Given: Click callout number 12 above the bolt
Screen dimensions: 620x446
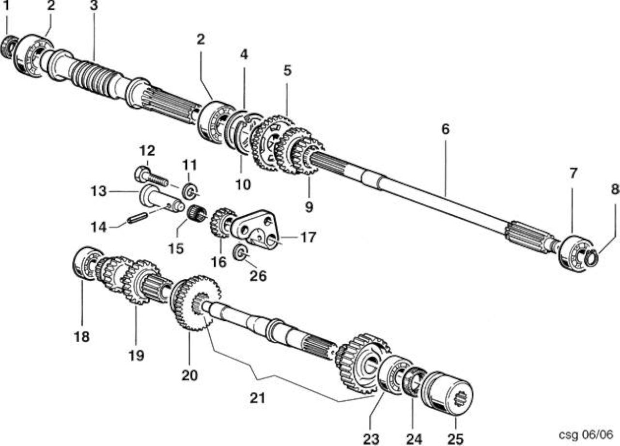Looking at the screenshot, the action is [x=147, y=151].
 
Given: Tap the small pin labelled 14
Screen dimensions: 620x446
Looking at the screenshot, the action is [x=137, y=217].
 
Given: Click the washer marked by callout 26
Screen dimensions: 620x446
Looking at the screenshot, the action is [x=240, y=253].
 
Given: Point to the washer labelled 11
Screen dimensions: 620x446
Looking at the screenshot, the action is [x=189, y=191].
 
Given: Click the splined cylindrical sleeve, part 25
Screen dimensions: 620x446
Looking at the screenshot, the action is [x=447, y=393].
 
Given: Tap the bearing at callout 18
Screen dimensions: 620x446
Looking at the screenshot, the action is [x=87, y=263].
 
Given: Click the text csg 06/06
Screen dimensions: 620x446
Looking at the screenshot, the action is [x=586, y=434].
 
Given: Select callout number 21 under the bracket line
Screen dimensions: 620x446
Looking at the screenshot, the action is [x=258, y=398].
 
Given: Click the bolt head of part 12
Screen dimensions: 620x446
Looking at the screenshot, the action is [x=142, y=174].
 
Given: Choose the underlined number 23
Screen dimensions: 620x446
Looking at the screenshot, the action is [x=371, y=439].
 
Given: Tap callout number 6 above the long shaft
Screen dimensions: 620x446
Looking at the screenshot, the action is [x=445, y=129].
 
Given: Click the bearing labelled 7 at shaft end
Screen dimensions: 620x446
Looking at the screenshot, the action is [x=576, y=252].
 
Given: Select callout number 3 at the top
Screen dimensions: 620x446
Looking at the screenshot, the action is [x=94, y=6].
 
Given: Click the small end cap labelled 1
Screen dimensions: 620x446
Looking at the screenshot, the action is [x=8, y=47].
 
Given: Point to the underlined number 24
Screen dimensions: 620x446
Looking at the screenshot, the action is [x=414, y=439].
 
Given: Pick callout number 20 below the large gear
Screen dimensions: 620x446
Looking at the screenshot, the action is [x=189, y=375].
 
